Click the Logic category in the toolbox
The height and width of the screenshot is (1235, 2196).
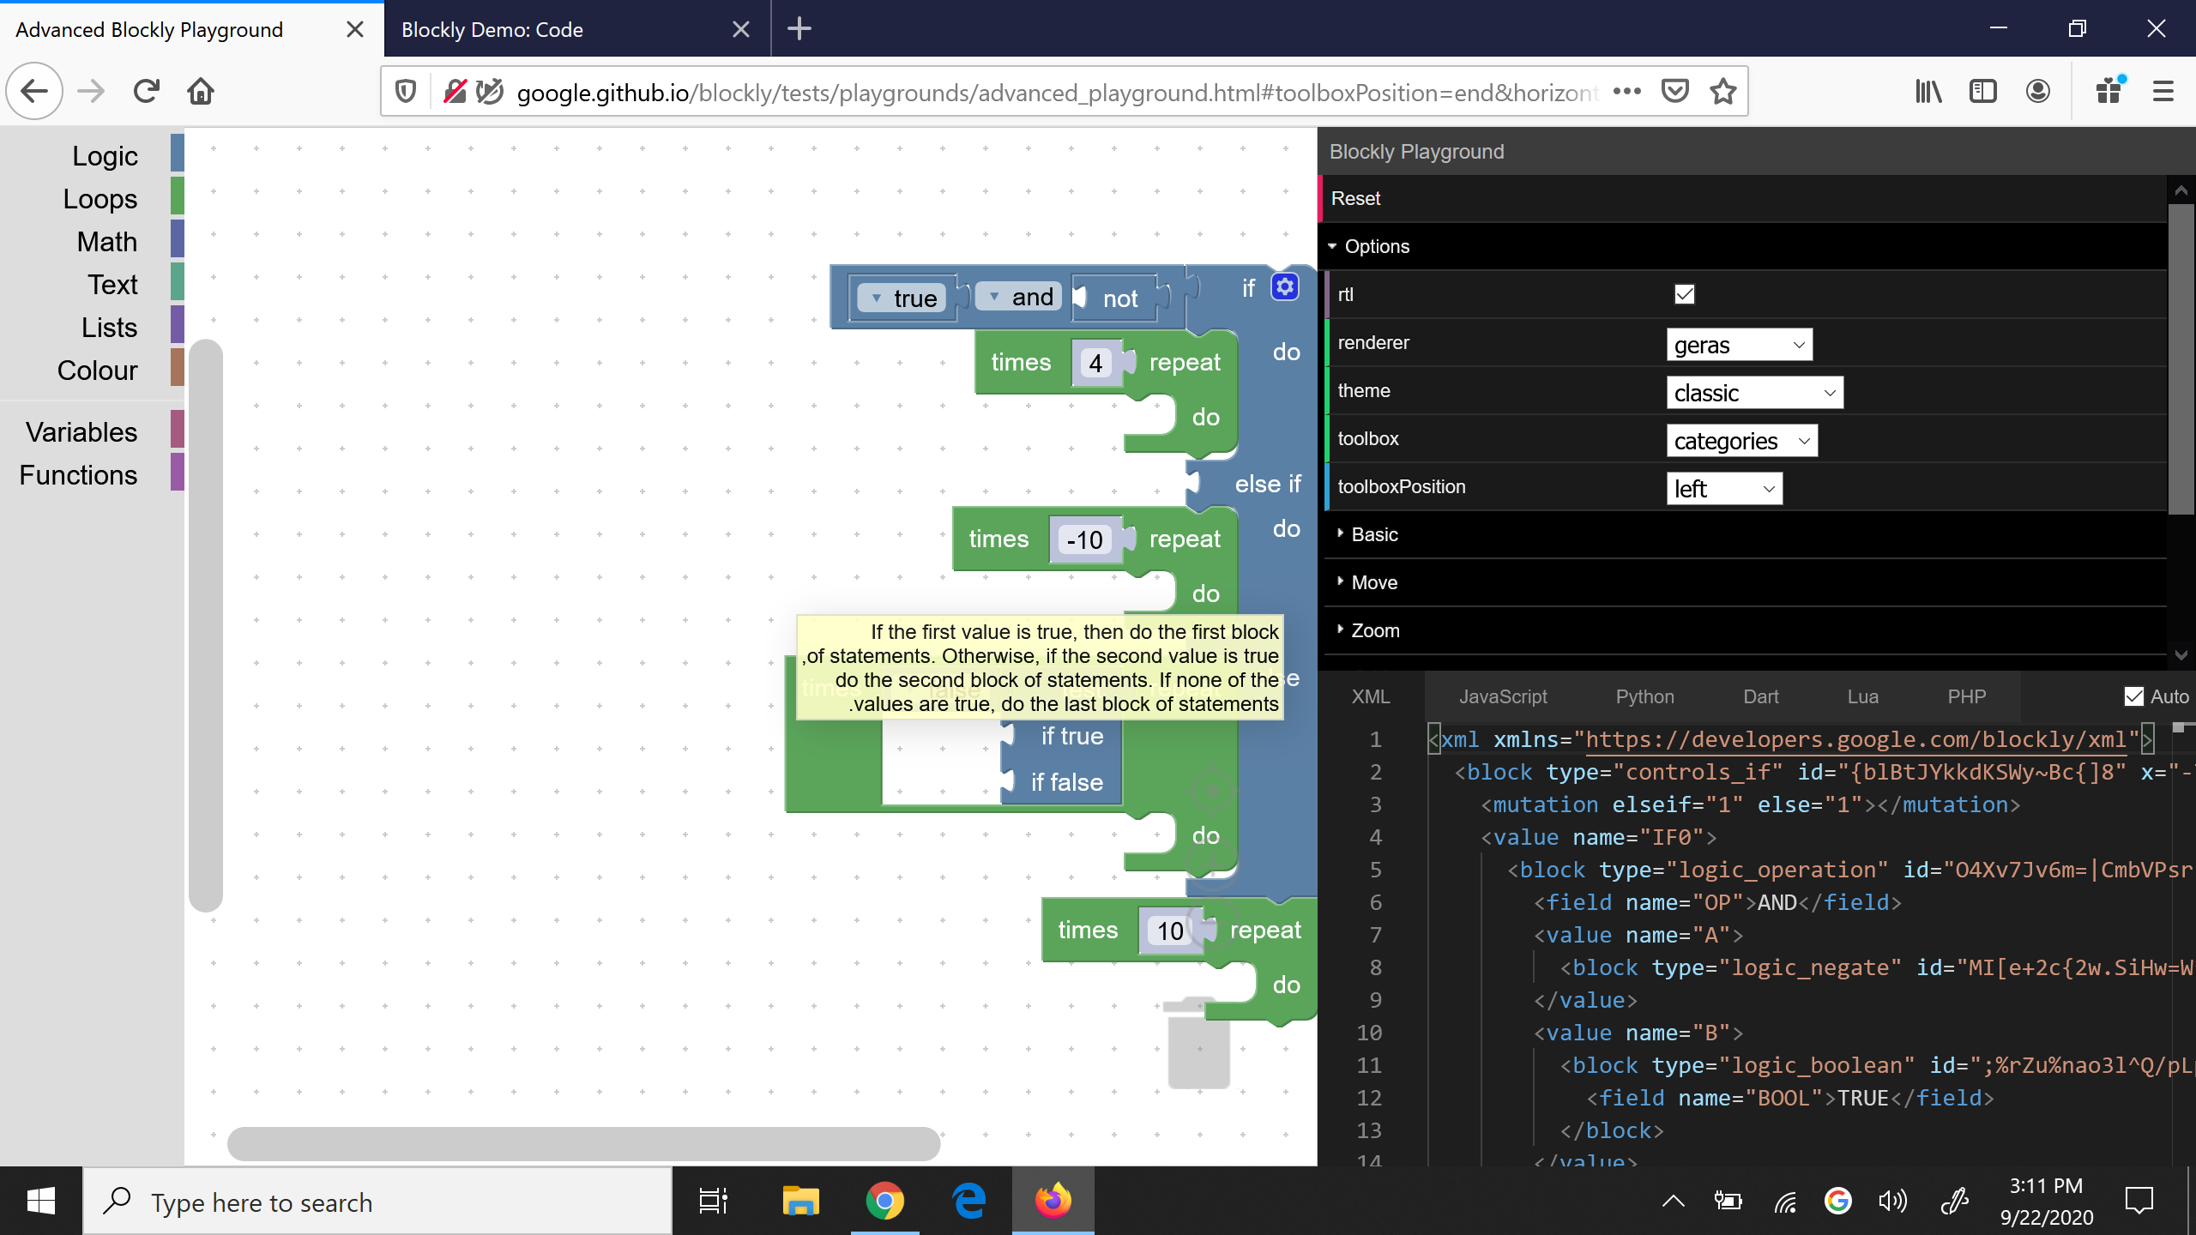tap(105, 156)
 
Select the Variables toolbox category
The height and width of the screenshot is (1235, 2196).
tap(81, 432)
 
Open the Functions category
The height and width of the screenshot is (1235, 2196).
tap(78, 475)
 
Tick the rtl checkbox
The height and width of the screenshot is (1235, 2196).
tap(1684, 294)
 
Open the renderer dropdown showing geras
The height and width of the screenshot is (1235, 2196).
tap(1739, 345)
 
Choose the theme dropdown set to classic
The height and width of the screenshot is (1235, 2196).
tap(1754, 393)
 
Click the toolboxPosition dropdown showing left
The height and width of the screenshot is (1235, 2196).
tap(1723, 489)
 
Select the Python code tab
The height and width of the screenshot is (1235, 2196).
tap(1644, 696)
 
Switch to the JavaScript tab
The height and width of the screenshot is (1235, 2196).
tap(1503, 696)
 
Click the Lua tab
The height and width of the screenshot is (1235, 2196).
tap(1862, 696)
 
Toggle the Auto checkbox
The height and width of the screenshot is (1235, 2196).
tap(2133, 696)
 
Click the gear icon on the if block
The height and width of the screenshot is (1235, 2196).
tap(1284, 287)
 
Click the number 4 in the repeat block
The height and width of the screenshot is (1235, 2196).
tap(1095, 364)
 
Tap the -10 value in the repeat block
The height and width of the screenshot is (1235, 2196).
tap(1084, 540)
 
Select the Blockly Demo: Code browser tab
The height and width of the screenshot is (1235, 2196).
tap(492, 30)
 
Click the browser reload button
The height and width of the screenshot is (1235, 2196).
tap(147, 91)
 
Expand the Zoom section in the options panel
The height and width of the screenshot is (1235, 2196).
tap(1375, 630)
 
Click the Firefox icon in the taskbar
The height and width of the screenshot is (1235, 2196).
tap(1053, 1201)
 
